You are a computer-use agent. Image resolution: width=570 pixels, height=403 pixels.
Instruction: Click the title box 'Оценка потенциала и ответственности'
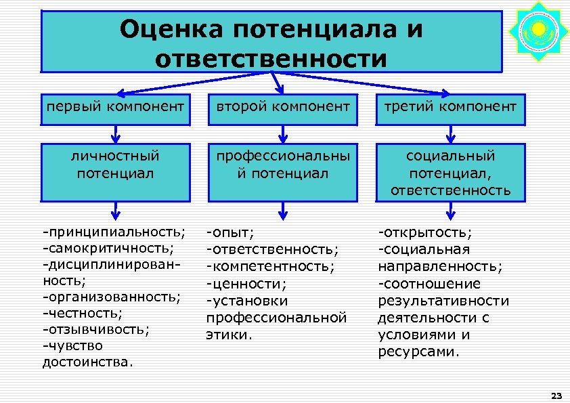click(271, 41)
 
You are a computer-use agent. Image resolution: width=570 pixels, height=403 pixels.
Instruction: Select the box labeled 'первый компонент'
click(114, 106)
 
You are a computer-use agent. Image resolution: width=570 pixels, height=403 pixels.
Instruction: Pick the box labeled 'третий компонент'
click(450, 106)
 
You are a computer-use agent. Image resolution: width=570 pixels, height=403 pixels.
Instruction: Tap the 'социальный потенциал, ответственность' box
click(450, 173)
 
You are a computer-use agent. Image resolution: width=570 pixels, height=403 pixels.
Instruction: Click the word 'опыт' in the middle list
click(233, 233)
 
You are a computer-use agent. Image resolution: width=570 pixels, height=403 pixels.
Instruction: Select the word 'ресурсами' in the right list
click(418, 352)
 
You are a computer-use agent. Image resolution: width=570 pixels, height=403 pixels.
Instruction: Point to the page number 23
click(557, 395)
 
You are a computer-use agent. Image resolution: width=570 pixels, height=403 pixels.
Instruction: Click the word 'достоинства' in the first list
click(87, 362)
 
